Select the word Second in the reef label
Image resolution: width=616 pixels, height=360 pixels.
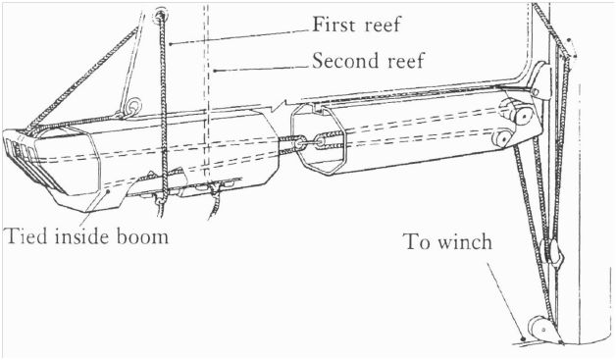[342, 61]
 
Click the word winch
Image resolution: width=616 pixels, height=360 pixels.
[464, 241]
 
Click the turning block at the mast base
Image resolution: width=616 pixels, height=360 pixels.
[536, 327]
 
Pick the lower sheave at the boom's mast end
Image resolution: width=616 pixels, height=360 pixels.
[502, 138]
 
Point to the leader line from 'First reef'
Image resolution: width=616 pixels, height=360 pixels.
[235, 33]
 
